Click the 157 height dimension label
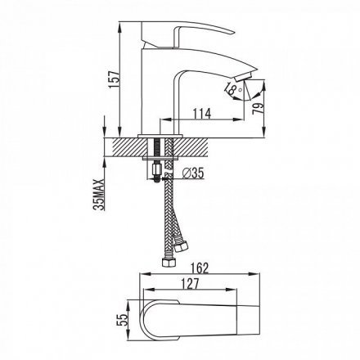(x=114, y=79)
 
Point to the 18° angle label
(x=233, y=88)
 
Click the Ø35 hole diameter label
(x=193, y=173)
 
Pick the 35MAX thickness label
(x=99, y=195)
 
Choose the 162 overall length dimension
(x=200, y=268)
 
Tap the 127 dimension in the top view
(x=190, y=284)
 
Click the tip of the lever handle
(x=233, y=32)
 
